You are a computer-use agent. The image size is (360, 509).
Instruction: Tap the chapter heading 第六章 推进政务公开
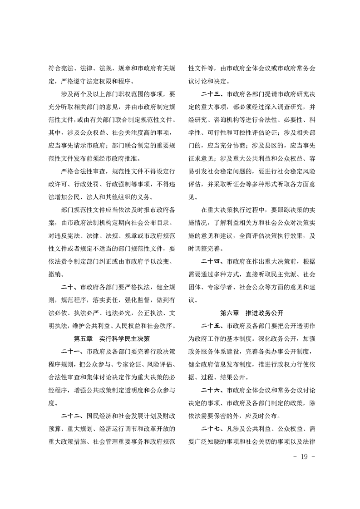point(252,313)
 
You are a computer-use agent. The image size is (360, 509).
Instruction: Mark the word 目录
point(164,223)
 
